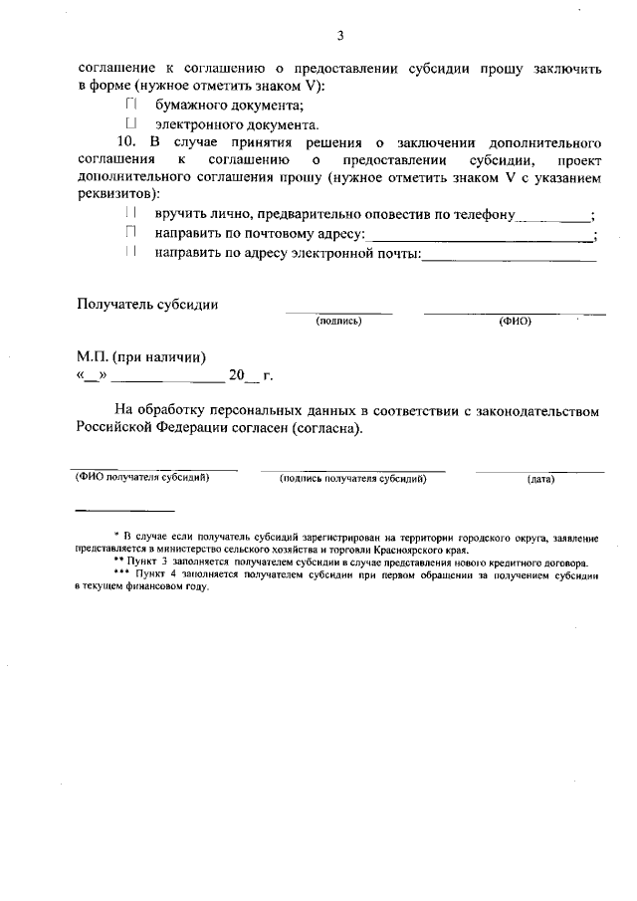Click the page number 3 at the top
[x=339, y=37]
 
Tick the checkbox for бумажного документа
[x=130, y=106]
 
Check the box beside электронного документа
[x=130, y=124]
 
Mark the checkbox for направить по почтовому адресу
[x=130, y=234]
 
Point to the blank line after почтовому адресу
[x=482, y=240]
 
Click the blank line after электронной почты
[x=510, y=259]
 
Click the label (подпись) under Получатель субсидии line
[x=338, y=322]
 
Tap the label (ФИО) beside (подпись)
[x=515, y=322]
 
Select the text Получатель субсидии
[x=147, y=305]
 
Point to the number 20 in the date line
[x=236, y=376]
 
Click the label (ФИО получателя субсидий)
[x=142, y=478]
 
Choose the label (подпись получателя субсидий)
[x=353, y=479]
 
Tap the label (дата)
[x=541, y=479]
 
